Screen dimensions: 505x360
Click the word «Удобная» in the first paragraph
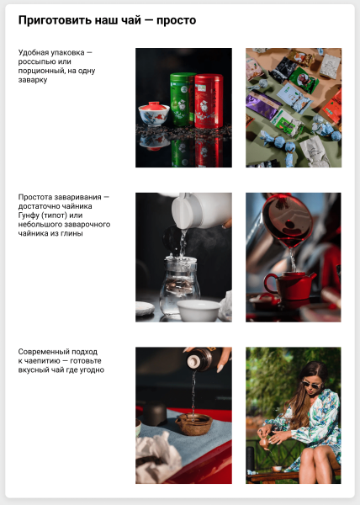(x=34, y=53)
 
